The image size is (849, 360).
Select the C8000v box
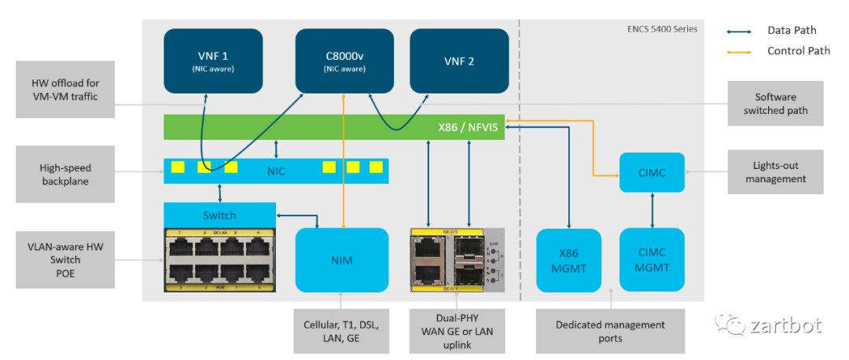pyautogui.click(x=344, y=61)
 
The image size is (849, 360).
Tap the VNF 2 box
pyautogui.click(x=458, y=61)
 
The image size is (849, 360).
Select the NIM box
pyautogui.click(x=342, y=260)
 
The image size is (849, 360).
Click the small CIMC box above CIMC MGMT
pyautogui.click(x=652, y=172)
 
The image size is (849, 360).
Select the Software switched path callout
pyautogui.click(x=775, y=103)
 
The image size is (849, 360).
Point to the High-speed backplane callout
pyautogui.click(x=65, y=174)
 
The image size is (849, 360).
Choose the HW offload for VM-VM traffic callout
pyautogui.click(x=65, y=90)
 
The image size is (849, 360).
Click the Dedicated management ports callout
pyautogui.click(x=610, y=331)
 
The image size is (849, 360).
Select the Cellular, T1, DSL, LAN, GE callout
pyautogui.click(x=341, y=331)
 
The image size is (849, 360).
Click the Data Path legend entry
pyautogui.click(x=792, y=31)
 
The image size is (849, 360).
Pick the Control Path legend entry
pyautogui.click(x=798, y=51)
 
